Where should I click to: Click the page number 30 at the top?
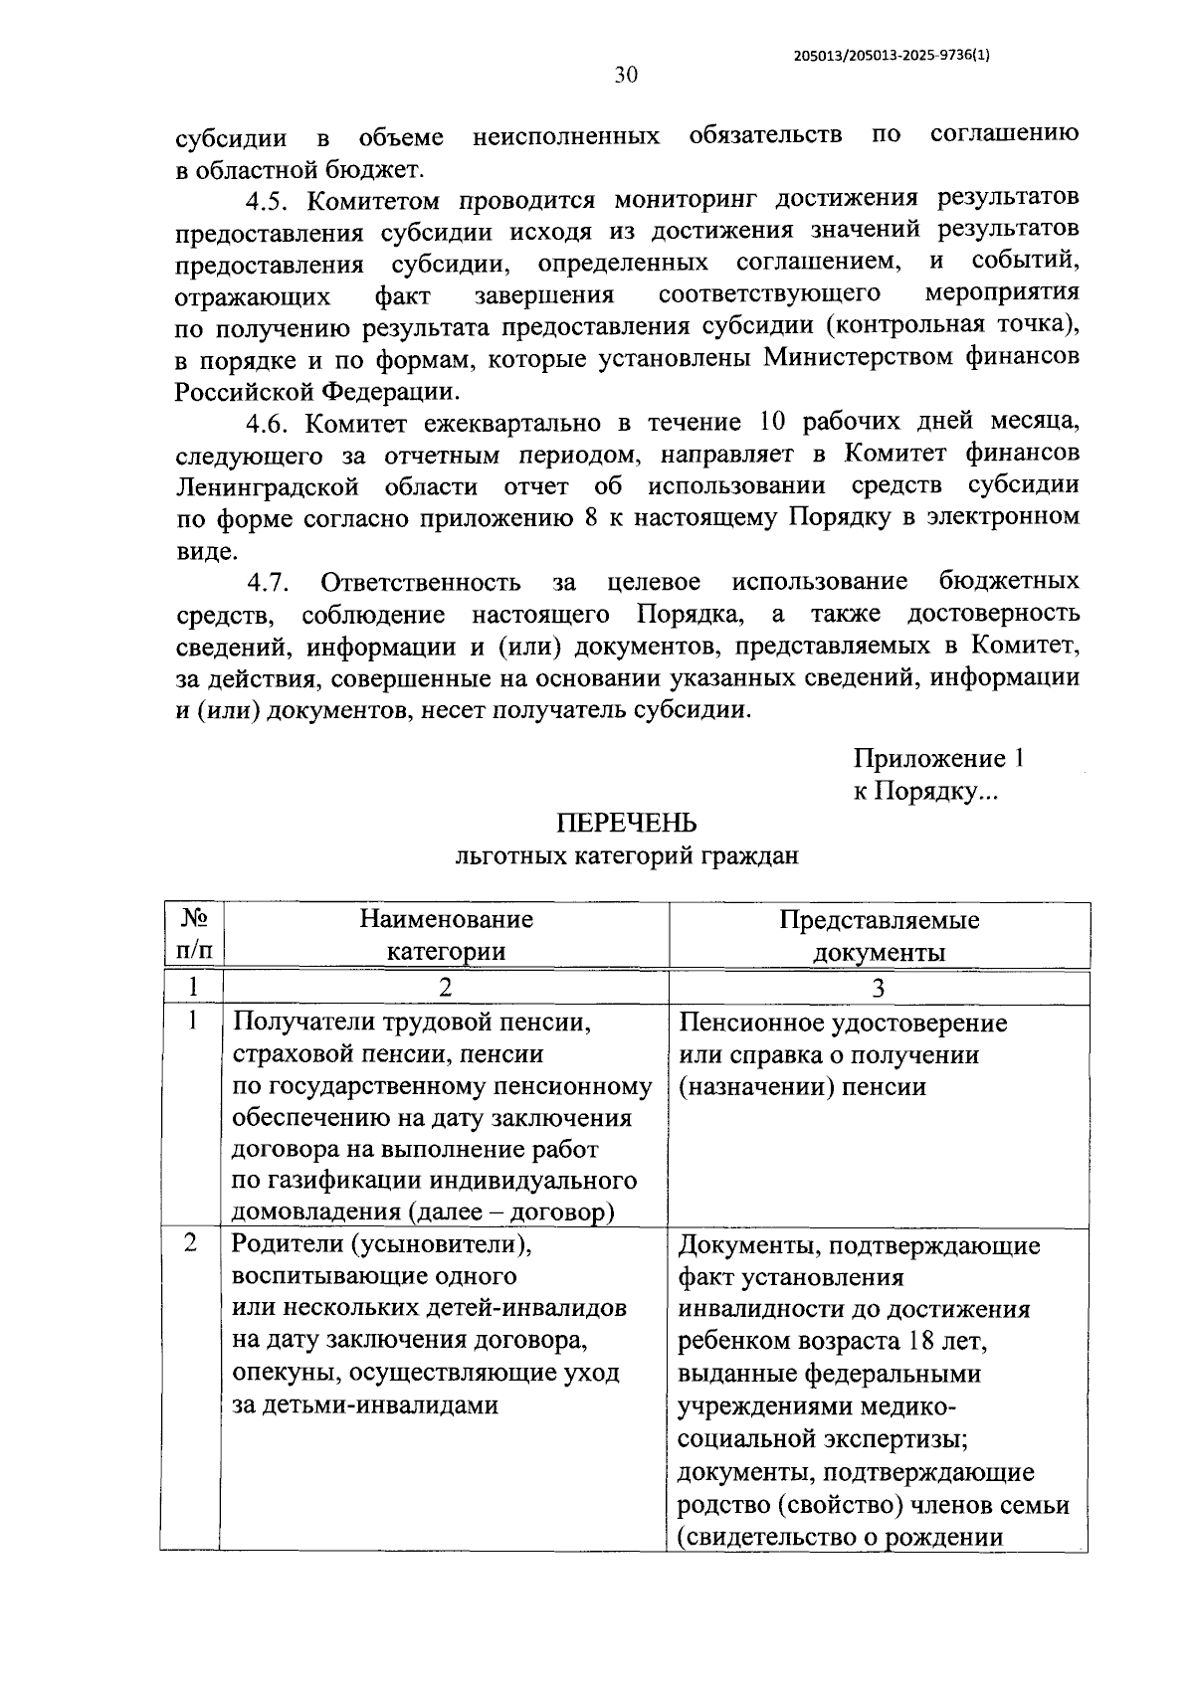click(x=626, y=76)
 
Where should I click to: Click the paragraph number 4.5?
click(x=269, y=200)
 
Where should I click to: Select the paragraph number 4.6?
click(x=269, y=424)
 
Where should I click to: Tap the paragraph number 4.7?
click(x=269, y=583)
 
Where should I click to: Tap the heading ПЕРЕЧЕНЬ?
click(x=626, y=824)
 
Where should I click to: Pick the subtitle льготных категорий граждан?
click(x=626, y=855)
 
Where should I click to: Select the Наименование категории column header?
click(x=446, y=934)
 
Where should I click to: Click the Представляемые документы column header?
click(x=879, y=935)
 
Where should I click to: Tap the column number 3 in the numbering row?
click(x=879, y=988)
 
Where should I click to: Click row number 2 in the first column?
click(x=191, y=1244)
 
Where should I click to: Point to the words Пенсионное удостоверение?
click(x=844, y=1024)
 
